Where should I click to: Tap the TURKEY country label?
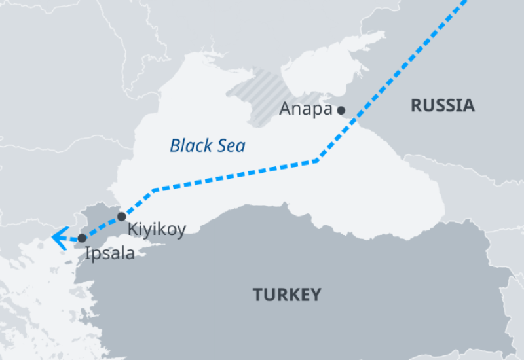click(287, 295)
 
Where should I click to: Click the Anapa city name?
click(306, 109)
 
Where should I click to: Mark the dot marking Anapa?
click(341, 110)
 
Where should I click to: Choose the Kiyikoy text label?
click(157, 229)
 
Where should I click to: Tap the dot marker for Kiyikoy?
click(121, 217)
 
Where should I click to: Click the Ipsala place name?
click(110, 253)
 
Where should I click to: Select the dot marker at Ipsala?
click(82, 238)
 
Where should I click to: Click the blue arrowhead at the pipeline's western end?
click(57, 238)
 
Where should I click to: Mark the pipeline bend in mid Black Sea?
click(317, 160)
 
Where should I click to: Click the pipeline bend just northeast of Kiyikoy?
click(153, 190)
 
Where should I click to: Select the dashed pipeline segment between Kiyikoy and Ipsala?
click(102, 228)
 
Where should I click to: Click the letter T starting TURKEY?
click(258, 295)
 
